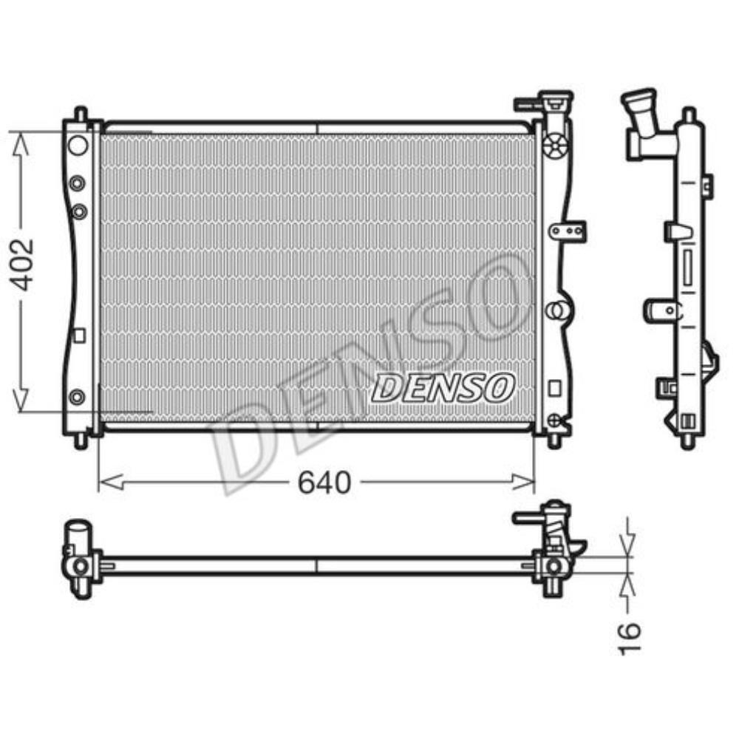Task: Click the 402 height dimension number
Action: (23, 265)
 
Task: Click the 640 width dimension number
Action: (324, 482)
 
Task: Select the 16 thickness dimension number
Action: (630, 638)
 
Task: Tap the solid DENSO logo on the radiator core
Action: (443, 387)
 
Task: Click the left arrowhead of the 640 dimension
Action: (112, 482)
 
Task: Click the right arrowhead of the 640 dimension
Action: (523, 482)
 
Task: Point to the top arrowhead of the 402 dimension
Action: (20, 144)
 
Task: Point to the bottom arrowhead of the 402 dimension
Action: (20, 399)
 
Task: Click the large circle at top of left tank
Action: (78, 145)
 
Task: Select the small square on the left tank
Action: (79, 336)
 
